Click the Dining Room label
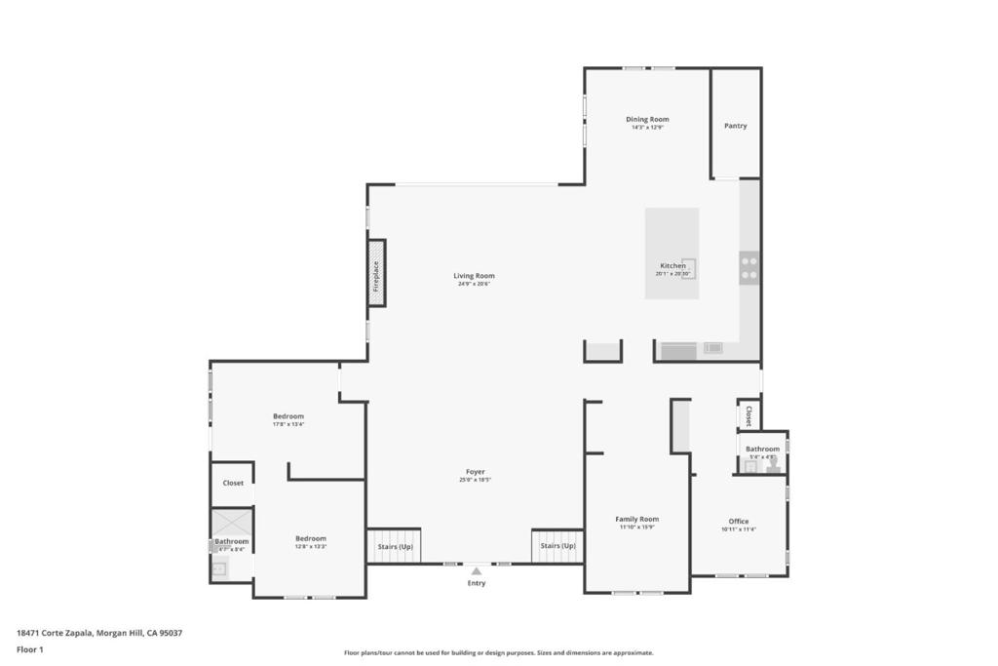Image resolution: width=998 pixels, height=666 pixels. [x=647, y=120]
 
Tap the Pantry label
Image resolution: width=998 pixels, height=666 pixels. [x=735, y=126]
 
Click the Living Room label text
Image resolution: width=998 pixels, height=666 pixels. [x=474, y=276]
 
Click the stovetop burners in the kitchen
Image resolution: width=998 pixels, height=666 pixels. [x=748, y=267]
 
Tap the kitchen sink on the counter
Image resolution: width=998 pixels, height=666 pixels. [x=713, y=348]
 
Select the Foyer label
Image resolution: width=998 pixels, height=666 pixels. [x=475, y=472]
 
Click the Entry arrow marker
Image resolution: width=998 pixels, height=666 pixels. [x=476, y=571]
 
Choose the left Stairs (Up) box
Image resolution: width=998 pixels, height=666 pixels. [x=395, y=546]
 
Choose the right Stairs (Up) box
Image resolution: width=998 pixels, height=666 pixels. [x=557, y=546]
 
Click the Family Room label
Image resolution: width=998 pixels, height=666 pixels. [x=636, y=520]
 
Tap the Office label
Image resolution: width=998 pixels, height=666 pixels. [x=739, y=522]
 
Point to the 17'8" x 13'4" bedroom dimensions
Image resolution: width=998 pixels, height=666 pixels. [x=288, y=424]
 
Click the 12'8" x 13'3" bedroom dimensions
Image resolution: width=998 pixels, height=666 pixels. [x=311, y=547]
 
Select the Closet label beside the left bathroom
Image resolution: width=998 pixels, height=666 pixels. [x=233, y=483]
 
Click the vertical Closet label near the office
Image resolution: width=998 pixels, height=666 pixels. [x=748, y=416]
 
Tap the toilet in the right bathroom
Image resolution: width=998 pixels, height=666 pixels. [x=773, y=466]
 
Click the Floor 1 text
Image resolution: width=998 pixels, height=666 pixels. [x=30, y=648]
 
